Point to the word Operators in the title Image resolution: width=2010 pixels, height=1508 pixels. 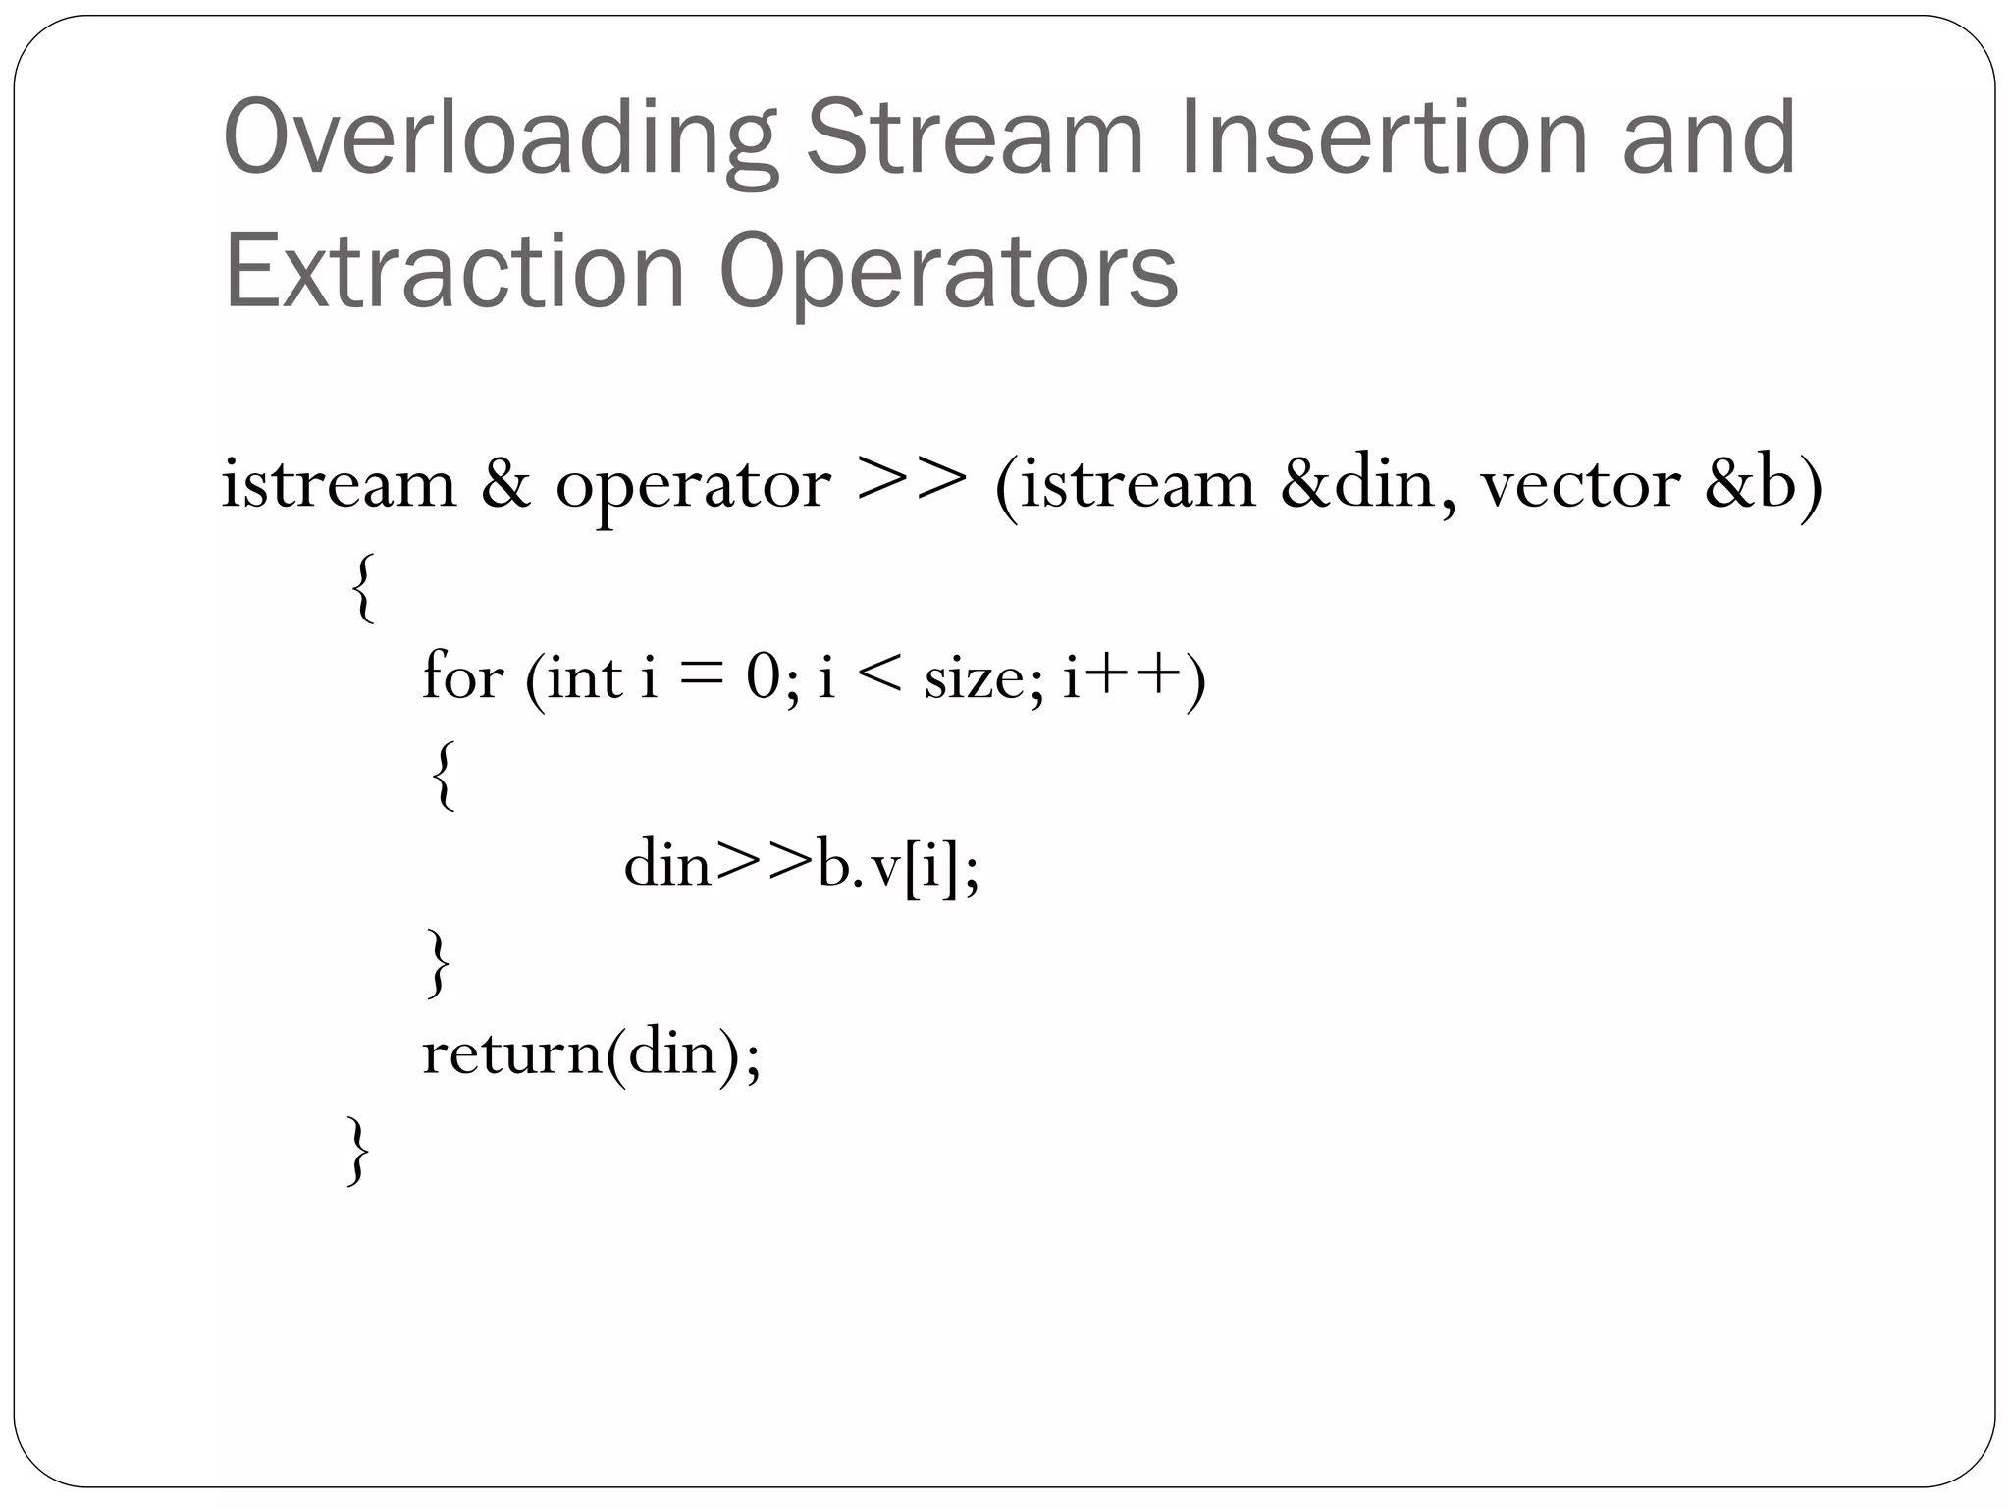(x=948, y=273)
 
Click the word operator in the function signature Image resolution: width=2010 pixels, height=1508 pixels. (x=693, y=485)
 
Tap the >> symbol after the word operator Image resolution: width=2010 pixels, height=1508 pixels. (x=912, y=478)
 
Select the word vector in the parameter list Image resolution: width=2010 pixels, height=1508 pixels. (x=1580, y=485)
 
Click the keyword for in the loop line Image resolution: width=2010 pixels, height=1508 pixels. (x=462, y=676)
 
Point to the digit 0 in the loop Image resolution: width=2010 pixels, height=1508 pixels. (x=763, y=677)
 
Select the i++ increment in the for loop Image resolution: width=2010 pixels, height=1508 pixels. (x=1122, y=676)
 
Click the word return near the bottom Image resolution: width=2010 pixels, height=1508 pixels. (x=511, y=1052)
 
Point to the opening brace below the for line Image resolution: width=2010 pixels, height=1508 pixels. (x=444, y=776)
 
